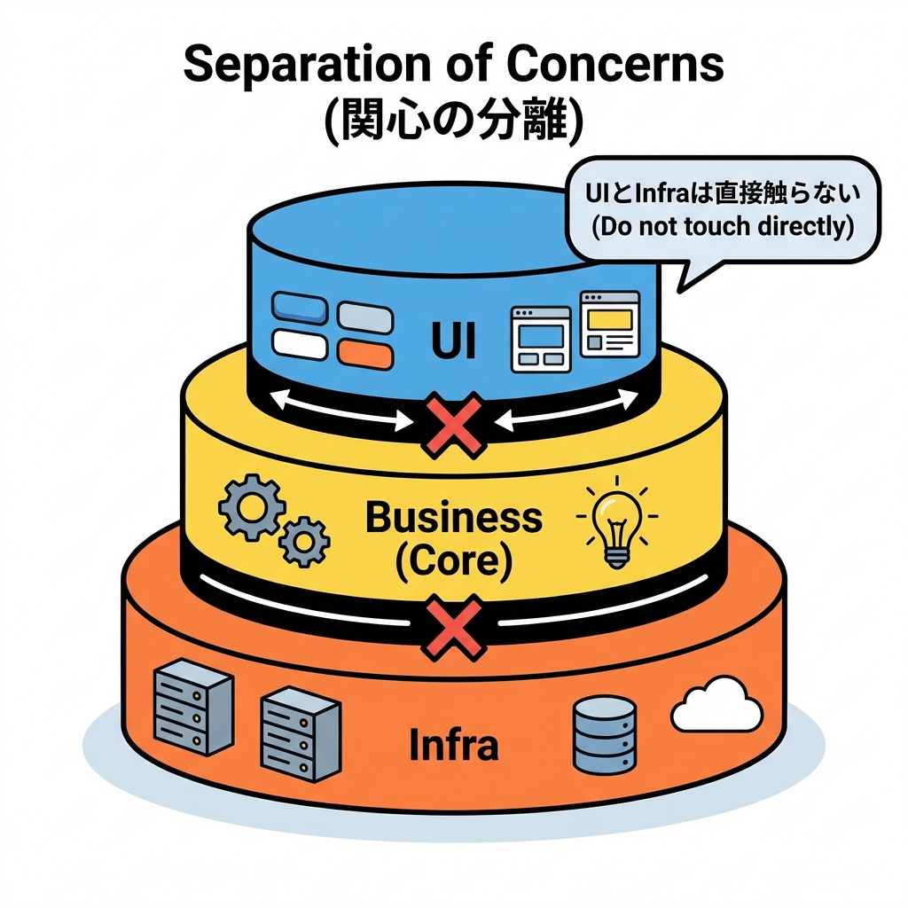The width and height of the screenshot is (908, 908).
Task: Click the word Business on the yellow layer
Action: point(453,516)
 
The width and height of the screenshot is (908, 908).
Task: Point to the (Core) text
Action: point(453,560)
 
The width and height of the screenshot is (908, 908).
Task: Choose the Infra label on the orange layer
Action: point(453,745)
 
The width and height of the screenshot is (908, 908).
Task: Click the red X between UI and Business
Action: point(453,427)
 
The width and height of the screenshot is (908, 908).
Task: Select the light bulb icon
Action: point(614,525)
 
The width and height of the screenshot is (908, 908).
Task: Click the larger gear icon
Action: point(250,507)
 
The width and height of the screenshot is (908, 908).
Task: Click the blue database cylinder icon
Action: point(604,733)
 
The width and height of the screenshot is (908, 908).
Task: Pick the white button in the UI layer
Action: point(300,344)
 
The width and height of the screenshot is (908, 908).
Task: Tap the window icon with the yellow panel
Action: point(609,324)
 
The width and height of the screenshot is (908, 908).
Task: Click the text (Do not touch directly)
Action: point(722,226)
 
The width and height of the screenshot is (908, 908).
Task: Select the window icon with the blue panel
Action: point(541,340)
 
